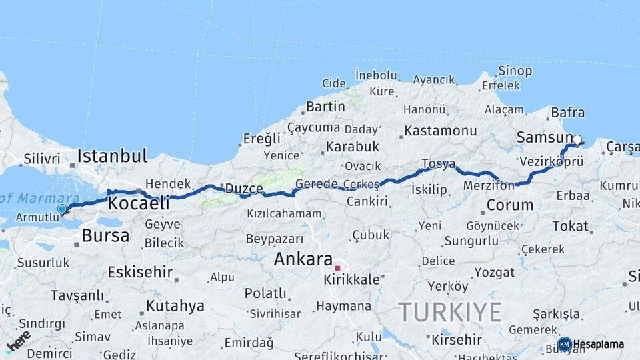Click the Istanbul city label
click(112, 157)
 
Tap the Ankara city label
click(303, 259)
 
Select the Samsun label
click(541, 138)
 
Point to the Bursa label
click(105, 235)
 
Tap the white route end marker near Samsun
click(577, 140)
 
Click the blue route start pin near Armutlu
click(62, 209)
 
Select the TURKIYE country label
click(449, 312)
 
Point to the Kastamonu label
click(441, 131)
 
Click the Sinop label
click(515, 71)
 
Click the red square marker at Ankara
click(337, 268)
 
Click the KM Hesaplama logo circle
click(564, 344)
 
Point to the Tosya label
click(438, 164)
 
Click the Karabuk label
click(353, 147)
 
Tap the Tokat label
click(570, 227)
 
